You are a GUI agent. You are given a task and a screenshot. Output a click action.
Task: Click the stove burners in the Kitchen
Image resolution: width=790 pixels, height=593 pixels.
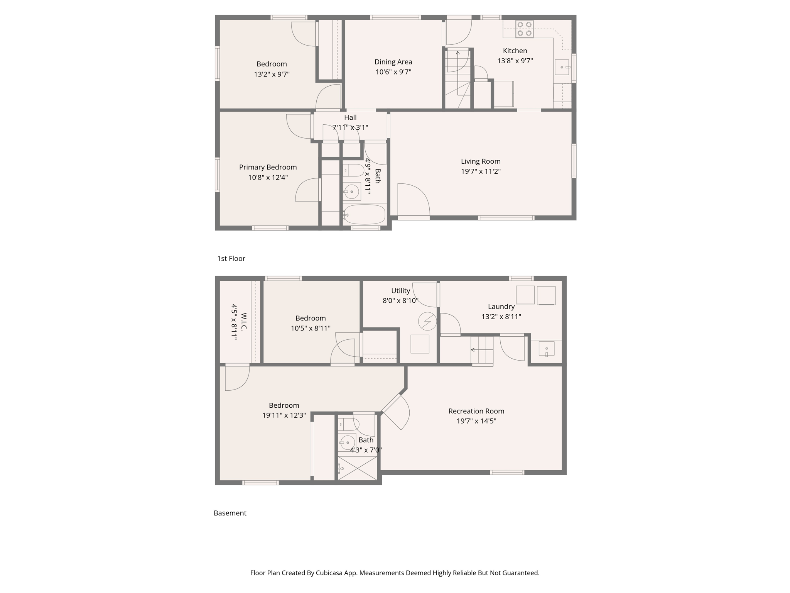pos(524,29)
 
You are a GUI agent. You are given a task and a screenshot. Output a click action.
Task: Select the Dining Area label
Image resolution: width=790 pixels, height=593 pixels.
pos(393,62)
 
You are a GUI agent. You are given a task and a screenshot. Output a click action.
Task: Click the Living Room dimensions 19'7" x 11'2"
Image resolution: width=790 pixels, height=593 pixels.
pos(480,171)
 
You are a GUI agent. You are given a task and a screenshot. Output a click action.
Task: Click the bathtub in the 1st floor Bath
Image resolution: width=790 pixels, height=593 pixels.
pos(365,215)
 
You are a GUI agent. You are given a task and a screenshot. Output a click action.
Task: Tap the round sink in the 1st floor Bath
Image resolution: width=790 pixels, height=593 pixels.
pos(351,191)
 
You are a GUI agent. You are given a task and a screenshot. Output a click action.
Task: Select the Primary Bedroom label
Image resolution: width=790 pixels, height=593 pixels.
pos(268,167)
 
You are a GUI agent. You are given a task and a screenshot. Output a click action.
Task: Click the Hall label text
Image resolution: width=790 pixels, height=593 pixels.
pos(350,117)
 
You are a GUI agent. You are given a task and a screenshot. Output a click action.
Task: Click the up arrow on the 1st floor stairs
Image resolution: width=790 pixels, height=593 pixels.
pos(458,53)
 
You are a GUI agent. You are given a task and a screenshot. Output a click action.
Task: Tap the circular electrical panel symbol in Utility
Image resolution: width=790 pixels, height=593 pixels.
pos(427,321)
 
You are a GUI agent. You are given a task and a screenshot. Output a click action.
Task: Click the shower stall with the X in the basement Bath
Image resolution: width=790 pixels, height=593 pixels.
pos(357,468)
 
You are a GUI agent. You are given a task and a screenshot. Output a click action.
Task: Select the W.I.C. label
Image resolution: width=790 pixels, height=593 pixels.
pos(244,322)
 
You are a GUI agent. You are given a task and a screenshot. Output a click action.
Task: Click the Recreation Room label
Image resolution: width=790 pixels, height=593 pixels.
pos(476,411)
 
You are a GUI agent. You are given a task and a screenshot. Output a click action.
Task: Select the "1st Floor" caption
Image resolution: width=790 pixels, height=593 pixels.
pos(231,259)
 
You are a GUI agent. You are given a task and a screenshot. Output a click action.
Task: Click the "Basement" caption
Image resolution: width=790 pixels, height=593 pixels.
pos(230,513)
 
